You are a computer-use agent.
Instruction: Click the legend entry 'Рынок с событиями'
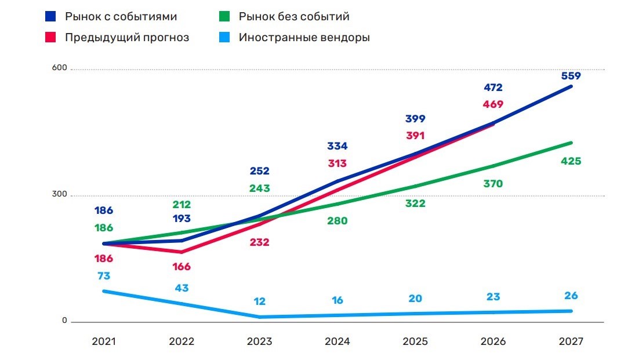(x=121, y=16)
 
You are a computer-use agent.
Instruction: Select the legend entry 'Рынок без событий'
(x=294, y=16)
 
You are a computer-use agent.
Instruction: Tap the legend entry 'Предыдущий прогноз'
(x=127, y=38)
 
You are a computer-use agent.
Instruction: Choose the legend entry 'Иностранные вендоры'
(x=304, y=38)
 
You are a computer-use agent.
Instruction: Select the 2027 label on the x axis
(x=571, y=341)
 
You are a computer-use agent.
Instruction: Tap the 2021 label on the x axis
(x=104, y=341)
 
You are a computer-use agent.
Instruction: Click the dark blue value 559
(x=571, y=75)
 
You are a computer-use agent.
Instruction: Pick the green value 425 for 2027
(x=571, y=161)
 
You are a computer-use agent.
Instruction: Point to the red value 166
(x=181, y=267)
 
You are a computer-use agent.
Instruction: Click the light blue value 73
(x=104, y=276)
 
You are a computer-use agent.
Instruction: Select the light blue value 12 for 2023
(x=260, y=302)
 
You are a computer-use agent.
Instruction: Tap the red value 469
(x=492, y=104)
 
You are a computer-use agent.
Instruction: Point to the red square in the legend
(x=50, y=38)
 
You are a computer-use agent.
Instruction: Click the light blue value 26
(x=571, y=296)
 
